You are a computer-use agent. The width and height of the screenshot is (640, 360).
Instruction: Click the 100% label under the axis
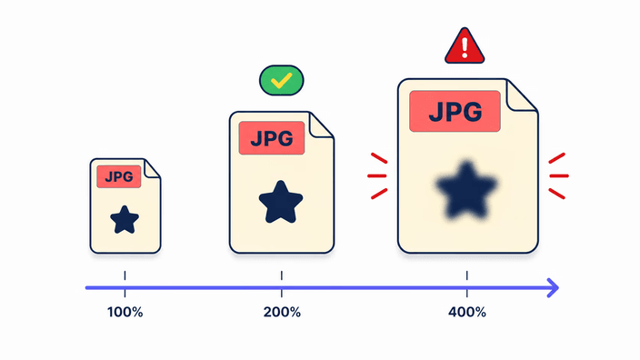pyautogui.click(x=125, y=313)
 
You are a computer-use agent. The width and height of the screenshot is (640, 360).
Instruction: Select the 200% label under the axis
pyautogui.click(x=282, y=313)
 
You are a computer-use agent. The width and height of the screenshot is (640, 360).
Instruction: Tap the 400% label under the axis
pyautogui.click(x=467, y=313)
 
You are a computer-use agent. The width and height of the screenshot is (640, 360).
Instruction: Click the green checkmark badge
pyautogui.click(x=282, y=80)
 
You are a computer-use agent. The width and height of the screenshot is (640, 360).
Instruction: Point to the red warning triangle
pyautogui.click(x=465, y=47)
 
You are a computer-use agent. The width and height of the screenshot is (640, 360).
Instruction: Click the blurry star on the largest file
pyautogui.click(x=466, y=190)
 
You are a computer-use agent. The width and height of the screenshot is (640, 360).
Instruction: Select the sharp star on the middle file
pyautogui.click(x=281, y=203)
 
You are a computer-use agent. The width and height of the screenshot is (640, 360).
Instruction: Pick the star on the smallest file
pyautogui.click(x=125, y=220)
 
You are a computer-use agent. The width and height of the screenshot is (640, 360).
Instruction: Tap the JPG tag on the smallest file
pyautogui.click(x=119, y=176)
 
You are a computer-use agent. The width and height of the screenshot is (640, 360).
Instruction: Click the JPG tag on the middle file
pyautogui.click(x=272, y=138)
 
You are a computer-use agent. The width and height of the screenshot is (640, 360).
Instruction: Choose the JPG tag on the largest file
pyautogui.click(x=455, y=112)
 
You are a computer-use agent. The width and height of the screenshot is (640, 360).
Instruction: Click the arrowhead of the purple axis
pyautogui.click(x=553, y=288)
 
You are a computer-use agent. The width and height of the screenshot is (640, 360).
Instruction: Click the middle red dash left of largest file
pyautogui.click(x=377, y=176)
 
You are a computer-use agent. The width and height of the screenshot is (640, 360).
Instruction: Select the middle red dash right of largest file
pyautogui.click(x=559, y=176)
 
